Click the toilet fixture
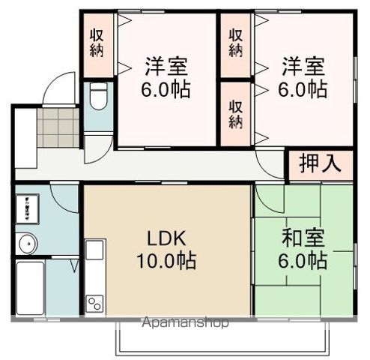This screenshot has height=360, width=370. pyautogui.click(x=97, y=97)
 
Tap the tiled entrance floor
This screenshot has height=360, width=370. pyautogui.click(x=58, y=128)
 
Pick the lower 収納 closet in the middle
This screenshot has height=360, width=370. pyautogui.click(x=235, y=113)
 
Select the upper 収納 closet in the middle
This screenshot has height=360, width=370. pyautogui.click(x=235, y=43)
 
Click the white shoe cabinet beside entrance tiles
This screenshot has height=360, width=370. pyautogui.click(x=24, y=138)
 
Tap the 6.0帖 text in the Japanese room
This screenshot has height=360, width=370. pyautogui.click(x=303, y=262)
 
